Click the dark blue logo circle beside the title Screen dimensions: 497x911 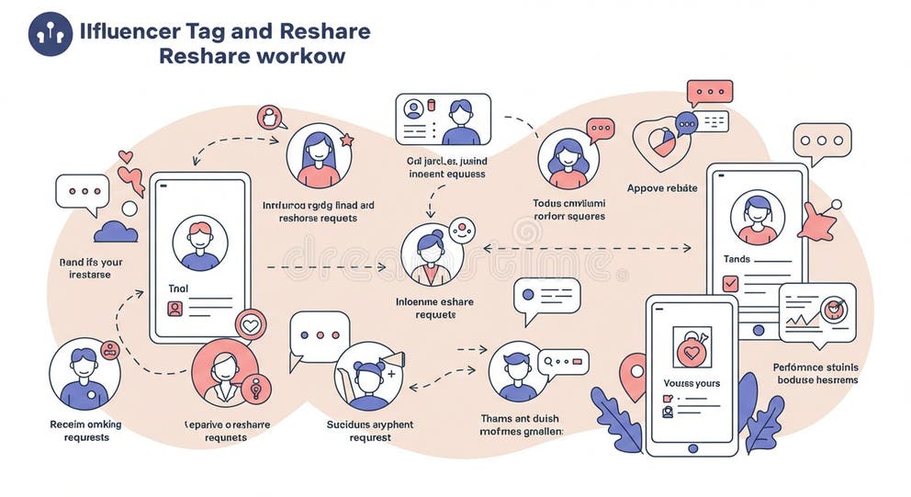tap(51, 34)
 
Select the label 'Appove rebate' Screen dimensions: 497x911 tap(662, 188)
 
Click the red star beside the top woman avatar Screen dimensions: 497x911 tap(347, 141)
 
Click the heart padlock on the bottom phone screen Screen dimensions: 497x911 tap(692, 346)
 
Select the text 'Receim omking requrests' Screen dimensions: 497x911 tap(84, 430)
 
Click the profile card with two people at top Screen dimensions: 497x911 tap(443, 119)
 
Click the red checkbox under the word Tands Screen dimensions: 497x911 tap(730, 284)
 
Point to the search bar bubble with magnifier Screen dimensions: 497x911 tap(562, 362)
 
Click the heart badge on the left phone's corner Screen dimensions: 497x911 tap(250, 324)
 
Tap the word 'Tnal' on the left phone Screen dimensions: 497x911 tap(178, 288)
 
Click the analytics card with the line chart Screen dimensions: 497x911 tap(816, 312)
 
